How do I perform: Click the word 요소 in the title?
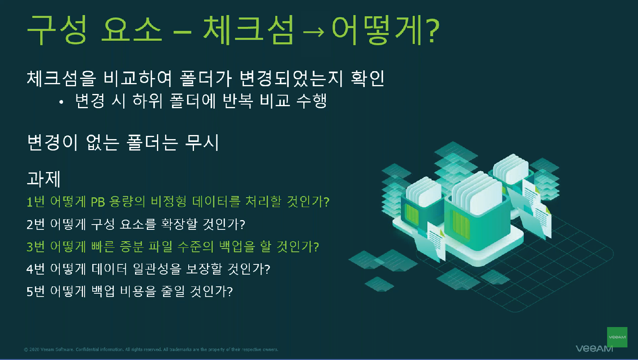coord(132,30)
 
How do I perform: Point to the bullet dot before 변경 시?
coord(61,102)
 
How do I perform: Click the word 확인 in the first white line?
coord(368,79)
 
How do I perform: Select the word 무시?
coord(202,142)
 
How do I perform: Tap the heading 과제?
coord(44,179)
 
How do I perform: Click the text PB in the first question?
coord(98,202)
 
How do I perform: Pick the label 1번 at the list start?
coord(36,202)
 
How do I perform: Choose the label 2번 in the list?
coord(36,224)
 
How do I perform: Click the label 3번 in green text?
coord(36,247)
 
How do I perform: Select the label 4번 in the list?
coord(36,269)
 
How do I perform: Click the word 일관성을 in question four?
coord(157,269)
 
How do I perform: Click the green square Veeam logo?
coord(617,337)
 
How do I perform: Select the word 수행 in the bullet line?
coord(311,101)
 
